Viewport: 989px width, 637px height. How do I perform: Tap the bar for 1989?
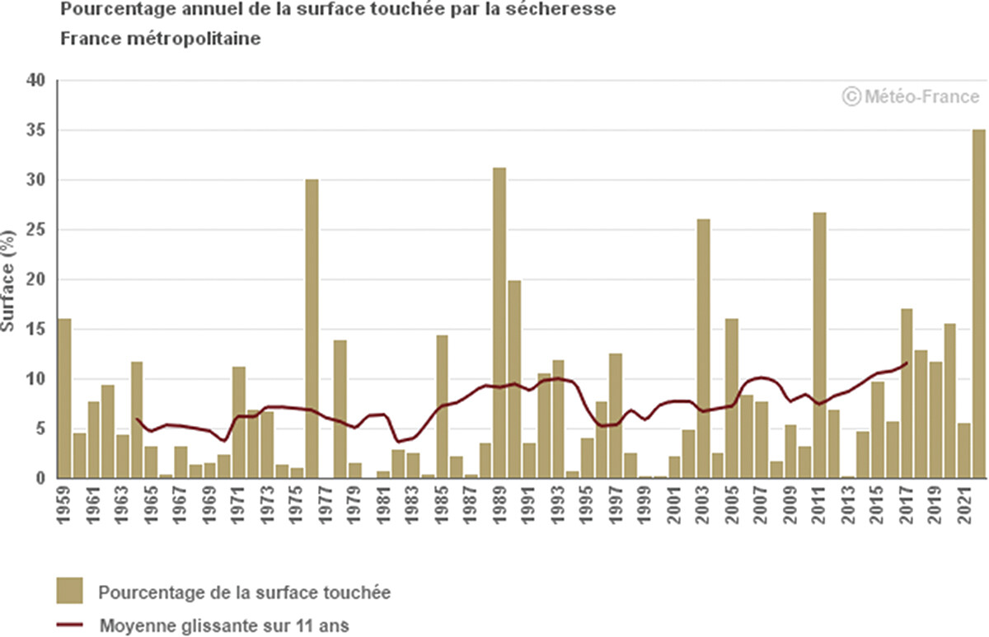[499, 322]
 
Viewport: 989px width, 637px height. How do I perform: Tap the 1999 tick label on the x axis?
[644, 504]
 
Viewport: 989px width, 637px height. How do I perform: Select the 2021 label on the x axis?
[963, 504]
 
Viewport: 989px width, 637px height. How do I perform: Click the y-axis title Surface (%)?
[8, 279]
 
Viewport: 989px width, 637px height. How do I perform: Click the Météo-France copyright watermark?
[911, 96]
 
